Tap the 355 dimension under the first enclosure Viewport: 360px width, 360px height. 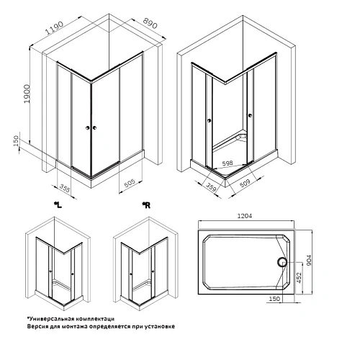pyautogui.click(x=65, y=189)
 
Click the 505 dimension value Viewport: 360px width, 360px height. pyautogui.click(x=130, y=184)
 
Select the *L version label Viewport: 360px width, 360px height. pyautogui.click(x=58, y=206)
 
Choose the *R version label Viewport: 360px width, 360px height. pyautogui.click(x=145, y=206)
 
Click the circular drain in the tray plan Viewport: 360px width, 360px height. pyautogui.click(x=283, y=265)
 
